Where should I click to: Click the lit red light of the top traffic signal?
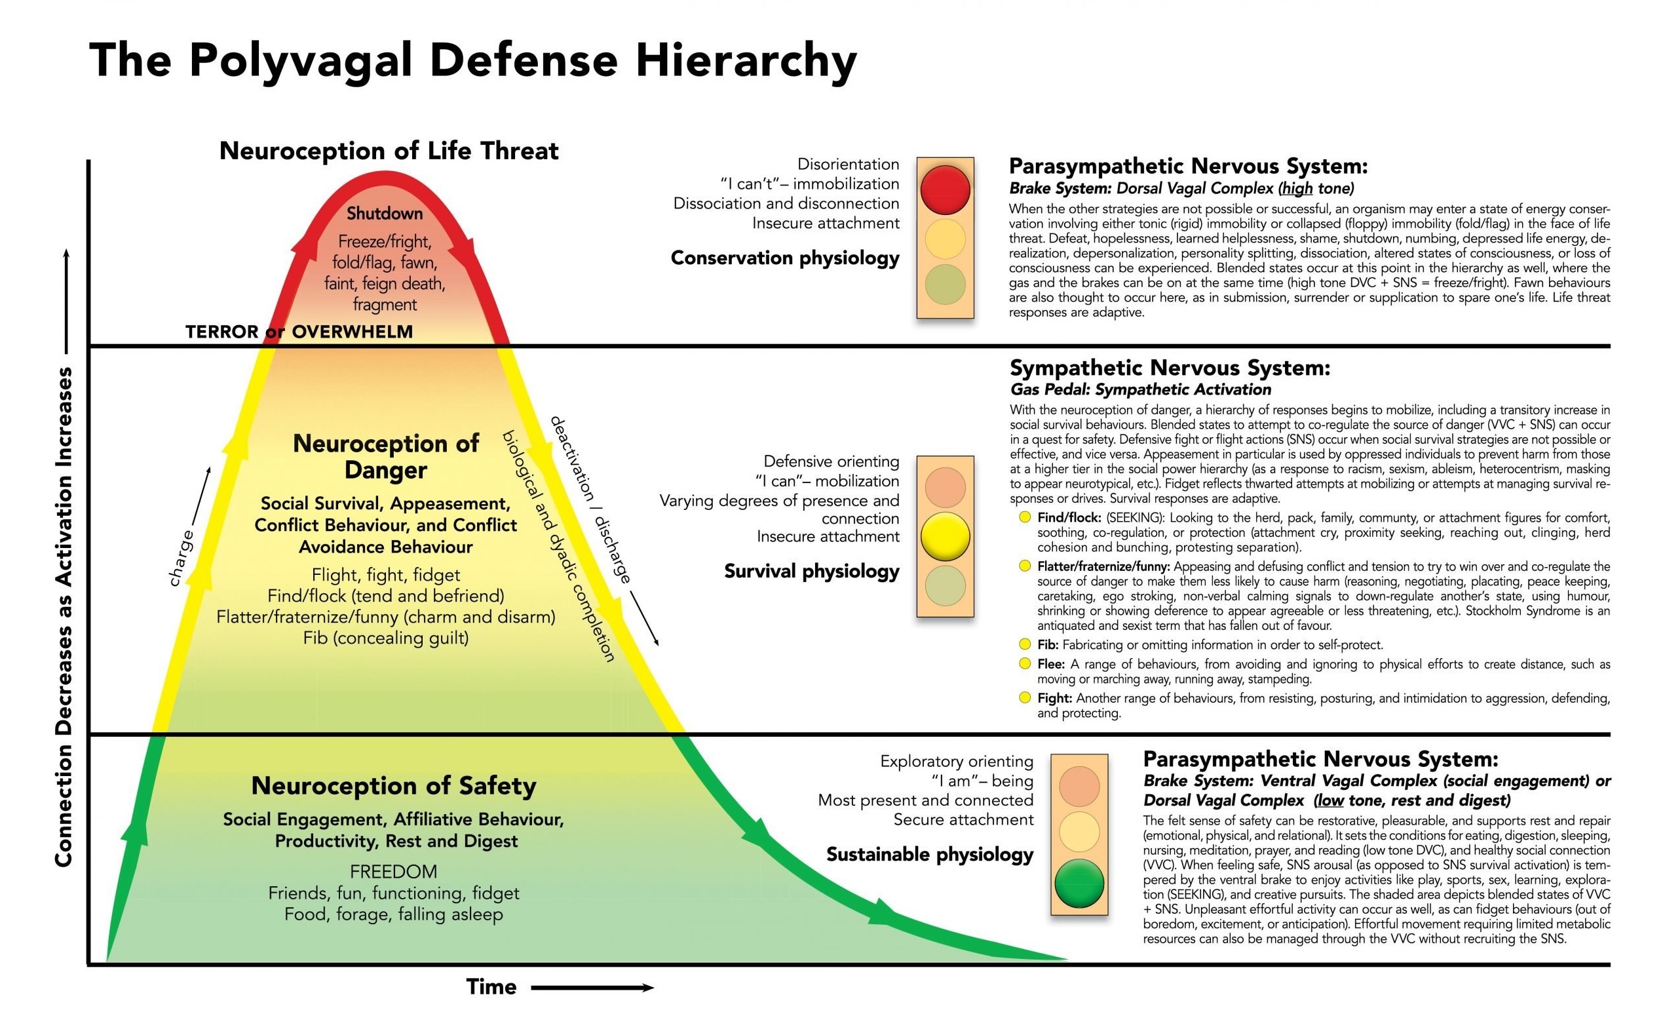tap(945, 190)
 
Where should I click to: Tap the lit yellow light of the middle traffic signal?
tap(945, 537)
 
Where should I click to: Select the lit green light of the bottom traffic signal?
tap(1079, 883)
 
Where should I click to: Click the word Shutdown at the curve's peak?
tap(385, 214)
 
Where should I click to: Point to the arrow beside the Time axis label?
tap(592, 988)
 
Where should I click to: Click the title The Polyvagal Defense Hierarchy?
tap(473, 61)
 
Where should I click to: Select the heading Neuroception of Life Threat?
tap(389, 151)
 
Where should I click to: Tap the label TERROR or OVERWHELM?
tap(299, 332)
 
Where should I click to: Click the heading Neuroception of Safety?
tap(393, 785)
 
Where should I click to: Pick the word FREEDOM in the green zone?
tap(393, 871)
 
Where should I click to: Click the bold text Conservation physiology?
tap(784, 258)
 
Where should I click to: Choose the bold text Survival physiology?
tap(811, 571)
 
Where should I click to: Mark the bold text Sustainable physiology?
tap(929, 855)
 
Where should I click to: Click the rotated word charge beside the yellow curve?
tap(180, 558)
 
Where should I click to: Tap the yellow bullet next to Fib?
tap(1024, 644)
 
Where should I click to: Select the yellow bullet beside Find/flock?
tap(1024, 517)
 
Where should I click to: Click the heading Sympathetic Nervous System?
tap(1169, 368)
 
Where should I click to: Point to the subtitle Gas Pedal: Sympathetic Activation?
tap(1140, 389)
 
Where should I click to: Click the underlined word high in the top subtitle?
tap(1297, 188)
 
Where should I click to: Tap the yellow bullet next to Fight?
tap(1024, 697)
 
